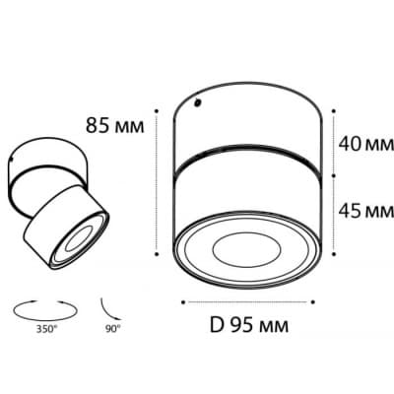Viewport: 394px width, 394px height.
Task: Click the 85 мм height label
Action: click(x=115, y=125)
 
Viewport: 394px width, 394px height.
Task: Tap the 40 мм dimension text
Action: click(x=366, y=144)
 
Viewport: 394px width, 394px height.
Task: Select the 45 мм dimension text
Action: click(x=366, y=211)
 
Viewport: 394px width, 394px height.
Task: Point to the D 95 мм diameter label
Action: click(x=249, y=325)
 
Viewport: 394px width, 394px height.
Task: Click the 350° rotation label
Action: click(x=46, y=329)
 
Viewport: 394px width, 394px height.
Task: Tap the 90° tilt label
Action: click(x=113, y=329)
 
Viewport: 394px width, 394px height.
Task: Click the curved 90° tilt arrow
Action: click(x=110, y=309)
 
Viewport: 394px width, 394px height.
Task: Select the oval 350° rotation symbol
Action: click(x=45, y=309)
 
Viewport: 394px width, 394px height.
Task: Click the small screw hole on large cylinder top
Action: click(x=197, y=103)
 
